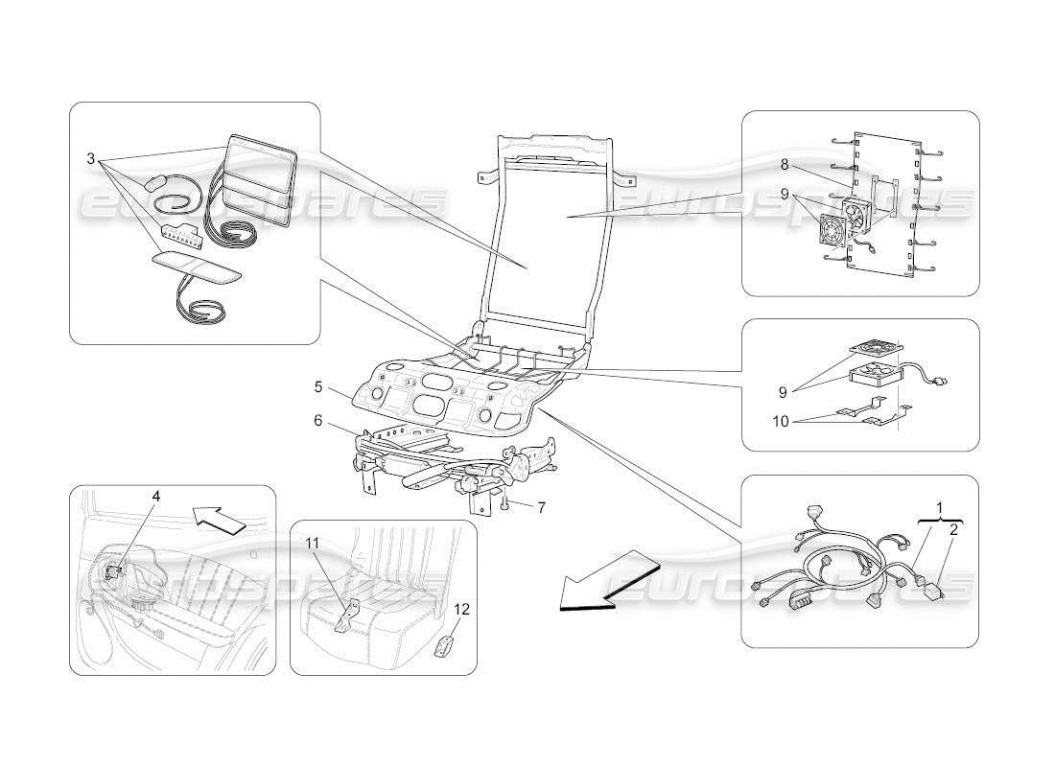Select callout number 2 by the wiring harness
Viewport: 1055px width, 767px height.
pos(952,528)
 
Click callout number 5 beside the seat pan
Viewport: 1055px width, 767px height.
pos(317,388)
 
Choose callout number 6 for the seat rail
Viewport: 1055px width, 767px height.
pos(317,419)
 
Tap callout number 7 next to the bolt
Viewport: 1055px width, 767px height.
pos(541,507)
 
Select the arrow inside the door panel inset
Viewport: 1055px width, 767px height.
pos(218,518)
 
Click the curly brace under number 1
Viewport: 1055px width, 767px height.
pos(939,519)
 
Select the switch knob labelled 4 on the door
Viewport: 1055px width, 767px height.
pos(117,572)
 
